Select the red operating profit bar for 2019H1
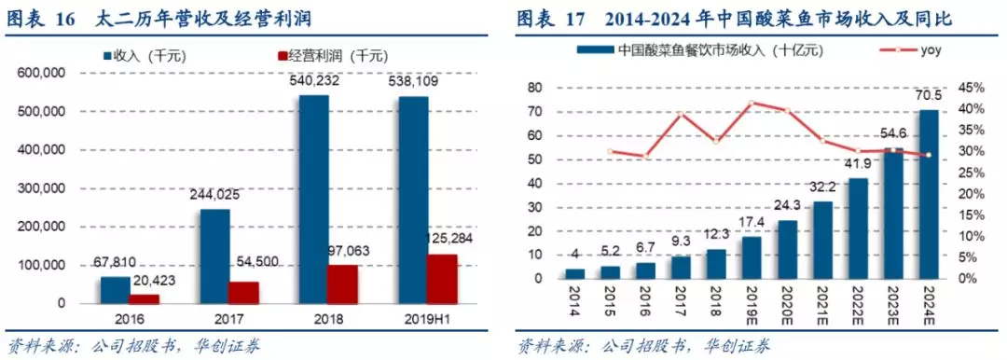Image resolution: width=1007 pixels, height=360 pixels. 442,279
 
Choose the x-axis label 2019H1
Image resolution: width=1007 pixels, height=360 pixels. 427,319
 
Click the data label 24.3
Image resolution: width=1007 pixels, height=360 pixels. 787,205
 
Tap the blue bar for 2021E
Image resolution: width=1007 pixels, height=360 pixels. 822,240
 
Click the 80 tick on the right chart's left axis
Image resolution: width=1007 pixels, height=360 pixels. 535,88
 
